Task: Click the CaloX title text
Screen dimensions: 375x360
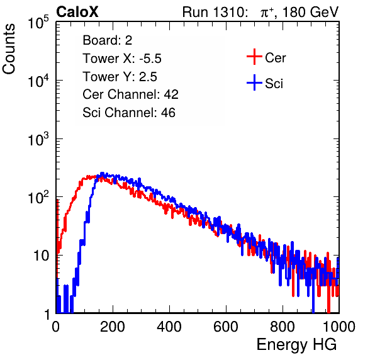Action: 77,12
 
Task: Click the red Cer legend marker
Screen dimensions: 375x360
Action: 254,57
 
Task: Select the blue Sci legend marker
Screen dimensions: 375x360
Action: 254,82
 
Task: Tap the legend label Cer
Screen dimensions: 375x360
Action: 276,58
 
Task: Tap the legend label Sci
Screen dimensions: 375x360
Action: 274,84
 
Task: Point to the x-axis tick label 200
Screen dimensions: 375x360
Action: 113,327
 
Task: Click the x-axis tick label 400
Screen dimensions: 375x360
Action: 169,327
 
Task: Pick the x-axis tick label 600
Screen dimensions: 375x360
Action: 226,327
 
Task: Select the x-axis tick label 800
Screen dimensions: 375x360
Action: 283,327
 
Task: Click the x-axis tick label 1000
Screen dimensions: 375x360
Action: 339,327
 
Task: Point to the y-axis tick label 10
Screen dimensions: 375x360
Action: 42,256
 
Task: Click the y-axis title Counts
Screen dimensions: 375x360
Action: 9,49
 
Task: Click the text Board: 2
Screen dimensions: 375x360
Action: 108,40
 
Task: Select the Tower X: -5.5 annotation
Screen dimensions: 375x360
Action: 122,59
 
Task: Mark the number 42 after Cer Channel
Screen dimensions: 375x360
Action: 171,94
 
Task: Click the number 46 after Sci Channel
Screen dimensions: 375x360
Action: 168,113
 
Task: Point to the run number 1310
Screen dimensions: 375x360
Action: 228,12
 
